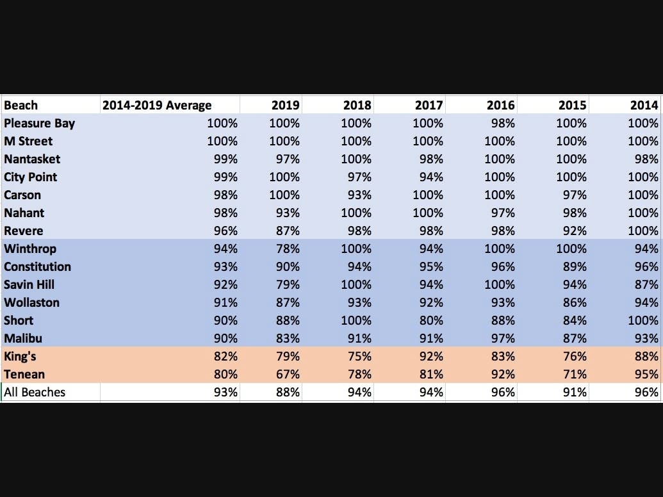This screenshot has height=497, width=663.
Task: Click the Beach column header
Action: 20,105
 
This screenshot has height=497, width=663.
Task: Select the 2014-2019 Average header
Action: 157,105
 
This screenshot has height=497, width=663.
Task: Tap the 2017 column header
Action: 429,105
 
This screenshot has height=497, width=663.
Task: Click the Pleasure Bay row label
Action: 39,124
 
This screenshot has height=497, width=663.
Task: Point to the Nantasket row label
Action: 32,159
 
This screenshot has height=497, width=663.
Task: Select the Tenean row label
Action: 24,374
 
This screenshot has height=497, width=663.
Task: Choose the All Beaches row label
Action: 35,392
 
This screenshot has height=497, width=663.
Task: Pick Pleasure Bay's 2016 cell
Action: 503,124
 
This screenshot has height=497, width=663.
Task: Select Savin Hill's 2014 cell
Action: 646,284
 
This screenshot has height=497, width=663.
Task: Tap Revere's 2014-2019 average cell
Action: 225,231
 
